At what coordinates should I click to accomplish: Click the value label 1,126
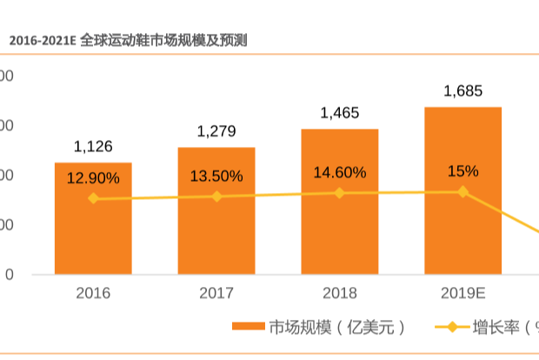tap(93, 146)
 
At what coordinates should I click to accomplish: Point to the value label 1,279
tap(216, 131)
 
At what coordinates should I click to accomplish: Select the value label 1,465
tap(339, 113)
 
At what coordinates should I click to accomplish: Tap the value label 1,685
tap(462, 90)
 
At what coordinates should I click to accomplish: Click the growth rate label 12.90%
tap(93, 177)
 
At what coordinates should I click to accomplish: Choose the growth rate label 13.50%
tap(216, 176)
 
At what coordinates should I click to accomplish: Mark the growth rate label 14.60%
tap(339, 172)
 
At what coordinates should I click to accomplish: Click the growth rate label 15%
tap(462, 170)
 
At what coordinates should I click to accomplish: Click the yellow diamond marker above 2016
tap(93, 199)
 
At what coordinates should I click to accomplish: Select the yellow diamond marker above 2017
tap(216, 197)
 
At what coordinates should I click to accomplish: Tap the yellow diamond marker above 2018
tap(339, 193)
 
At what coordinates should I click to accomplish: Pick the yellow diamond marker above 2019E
tap(462, 191)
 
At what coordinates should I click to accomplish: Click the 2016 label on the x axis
tap(93, 294)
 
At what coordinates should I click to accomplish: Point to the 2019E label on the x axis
tap(462, 294)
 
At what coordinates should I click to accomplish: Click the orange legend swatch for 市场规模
tap(249, 328)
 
